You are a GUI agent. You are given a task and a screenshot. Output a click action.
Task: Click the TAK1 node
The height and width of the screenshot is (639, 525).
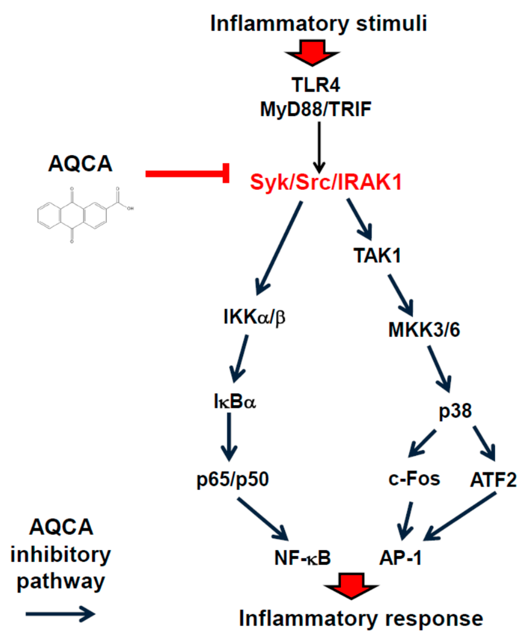tap(377, 255)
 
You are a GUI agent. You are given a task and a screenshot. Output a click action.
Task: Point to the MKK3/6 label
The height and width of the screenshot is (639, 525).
tap(424, 330)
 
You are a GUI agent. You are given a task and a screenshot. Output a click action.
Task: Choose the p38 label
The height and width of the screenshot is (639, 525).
tap(455, 411)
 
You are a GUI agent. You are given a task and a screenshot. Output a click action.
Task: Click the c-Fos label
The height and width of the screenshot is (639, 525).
tap(414, 479)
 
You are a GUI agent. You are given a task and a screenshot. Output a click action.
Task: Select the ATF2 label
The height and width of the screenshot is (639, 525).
tap(493, 480)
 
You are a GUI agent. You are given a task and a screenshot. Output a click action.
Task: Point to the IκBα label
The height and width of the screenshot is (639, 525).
tap(235, 402)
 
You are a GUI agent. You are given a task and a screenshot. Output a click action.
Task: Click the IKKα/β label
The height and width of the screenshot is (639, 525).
tap(254, 317)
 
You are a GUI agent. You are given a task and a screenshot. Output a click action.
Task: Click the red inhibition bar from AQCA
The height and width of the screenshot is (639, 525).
tap(187, 174)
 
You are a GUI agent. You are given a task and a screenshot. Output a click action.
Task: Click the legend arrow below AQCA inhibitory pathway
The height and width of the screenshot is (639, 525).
tap(61, 614)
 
